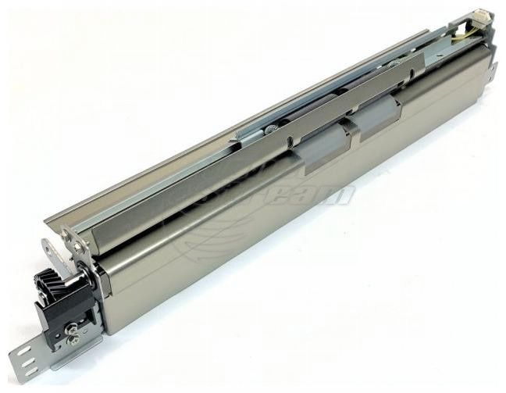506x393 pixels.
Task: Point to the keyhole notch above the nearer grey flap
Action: point(290,141)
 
